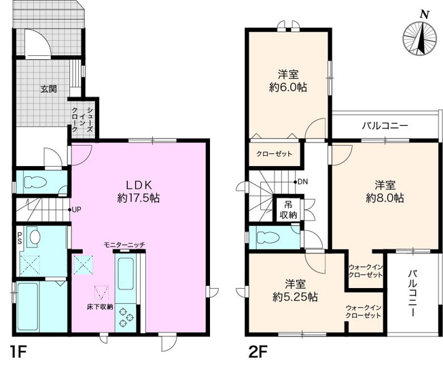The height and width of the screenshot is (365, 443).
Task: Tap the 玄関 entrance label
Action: (x=48, y=89)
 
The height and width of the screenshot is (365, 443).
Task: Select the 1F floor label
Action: (x=18, y=353)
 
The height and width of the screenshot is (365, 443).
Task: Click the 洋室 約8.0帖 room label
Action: (x=385, y=191)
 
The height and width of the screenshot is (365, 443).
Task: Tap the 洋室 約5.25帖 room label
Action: (x=295, y=291)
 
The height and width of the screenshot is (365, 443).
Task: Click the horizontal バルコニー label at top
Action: (x=385, y=127)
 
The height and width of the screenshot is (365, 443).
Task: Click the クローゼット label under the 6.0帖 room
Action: (x=274, y=154)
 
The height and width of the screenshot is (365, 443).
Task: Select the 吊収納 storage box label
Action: (x=289, y=210)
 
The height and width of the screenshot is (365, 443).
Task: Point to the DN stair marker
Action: (x=302, y=182)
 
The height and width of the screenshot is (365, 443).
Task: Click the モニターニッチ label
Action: (x=124, y=244)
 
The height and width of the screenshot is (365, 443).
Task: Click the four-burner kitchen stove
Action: (x=127, y=315)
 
